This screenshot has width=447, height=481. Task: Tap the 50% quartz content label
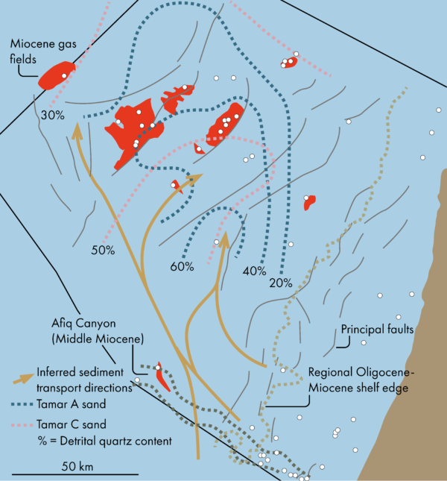point(103,250)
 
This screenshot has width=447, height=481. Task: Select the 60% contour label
point(182,266)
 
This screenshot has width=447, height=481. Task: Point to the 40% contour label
point(254,271)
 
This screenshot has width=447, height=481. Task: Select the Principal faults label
point(376,329)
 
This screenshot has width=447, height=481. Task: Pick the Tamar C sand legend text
point(73,424)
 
